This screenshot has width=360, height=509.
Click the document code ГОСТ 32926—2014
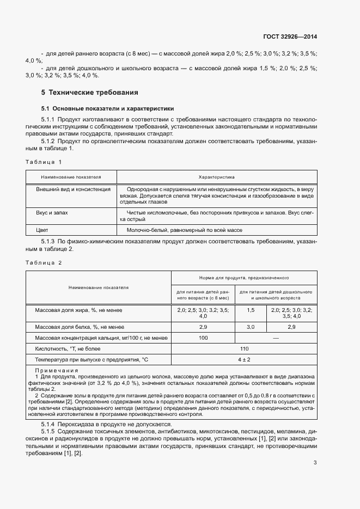click(x=290, y=37)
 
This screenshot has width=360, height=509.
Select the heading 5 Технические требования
click(x=90, y=93)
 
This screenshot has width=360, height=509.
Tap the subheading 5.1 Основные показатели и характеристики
click(x=108, y=108)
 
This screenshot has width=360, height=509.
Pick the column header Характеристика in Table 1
click(x=216, y=177)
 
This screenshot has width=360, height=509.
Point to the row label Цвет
click(x=42, y=230)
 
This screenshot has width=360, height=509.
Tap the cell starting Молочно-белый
click(x=184, y=230)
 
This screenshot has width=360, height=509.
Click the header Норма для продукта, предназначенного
click(x=243, y=277)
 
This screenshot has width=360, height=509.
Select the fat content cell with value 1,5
click(x=251, y=310)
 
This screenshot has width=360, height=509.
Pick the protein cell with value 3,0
click(x=251, y=327)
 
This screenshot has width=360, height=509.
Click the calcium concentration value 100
click(x=203, y=338)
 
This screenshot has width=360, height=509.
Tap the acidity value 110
click(x=243, y=349)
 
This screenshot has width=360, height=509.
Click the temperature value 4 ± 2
click(x=243, y=360)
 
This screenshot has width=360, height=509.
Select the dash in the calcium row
click(x=276, y=338)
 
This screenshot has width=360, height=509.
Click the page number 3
click(x=315, y=463)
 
